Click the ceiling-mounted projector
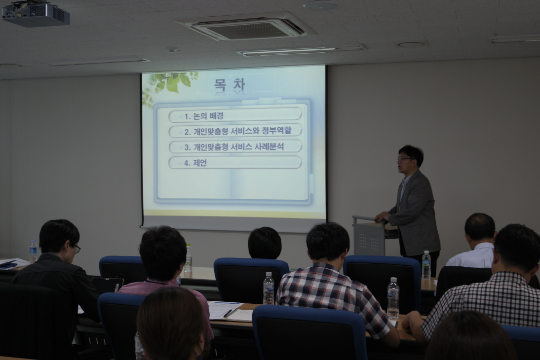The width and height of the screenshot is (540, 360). (x=36, y=14)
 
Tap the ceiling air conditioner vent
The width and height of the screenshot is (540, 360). (x=246, y=27)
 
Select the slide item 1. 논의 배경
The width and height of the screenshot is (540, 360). (x=203, y=116)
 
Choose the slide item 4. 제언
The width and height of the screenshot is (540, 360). (x=195, y=163)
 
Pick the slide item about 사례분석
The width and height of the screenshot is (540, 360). (x=234, y=147)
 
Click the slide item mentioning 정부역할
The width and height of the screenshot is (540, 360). (x=237, y=131)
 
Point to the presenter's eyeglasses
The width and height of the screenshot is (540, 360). (x=404, y=159)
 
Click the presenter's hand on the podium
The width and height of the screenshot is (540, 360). (x=380, y=217)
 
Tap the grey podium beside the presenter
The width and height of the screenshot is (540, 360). (x=368, y=235)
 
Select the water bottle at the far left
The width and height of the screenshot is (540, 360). (x=33, y=252)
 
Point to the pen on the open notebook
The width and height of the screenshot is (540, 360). (x=228, y=313)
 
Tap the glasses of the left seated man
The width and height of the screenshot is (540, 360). (x=77, y=248)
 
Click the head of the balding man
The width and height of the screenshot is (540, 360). (x=480, y=227)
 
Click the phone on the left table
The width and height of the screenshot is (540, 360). (x=8, y=265)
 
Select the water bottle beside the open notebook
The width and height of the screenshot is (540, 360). (x=269, y=288)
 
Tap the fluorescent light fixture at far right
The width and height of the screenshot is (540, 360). (x=515, y=38)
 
